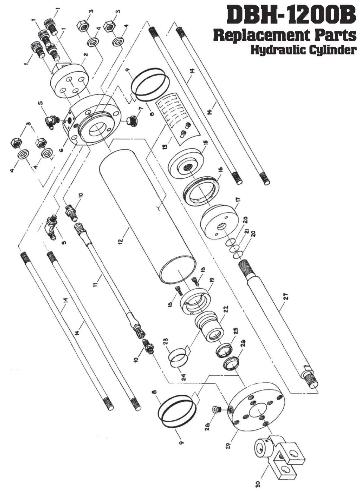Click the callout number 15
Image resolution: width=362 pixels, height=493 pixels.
206,142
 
